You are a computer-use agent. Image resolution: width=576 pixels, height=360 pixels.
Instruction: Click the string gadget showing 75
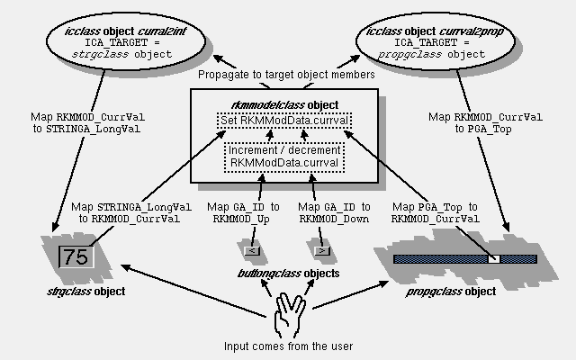tap(76, 256)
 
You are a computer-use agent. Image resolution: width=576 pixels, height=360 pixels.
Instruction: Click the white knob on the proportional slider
tap(493, 258)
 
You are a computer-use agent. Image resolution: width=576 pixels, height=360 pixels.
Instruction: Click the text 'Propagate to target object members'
tap(286, 75)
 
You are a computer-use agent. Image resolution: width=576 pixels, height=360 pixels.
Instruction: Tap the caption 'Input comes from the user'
tap(286, 346)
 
